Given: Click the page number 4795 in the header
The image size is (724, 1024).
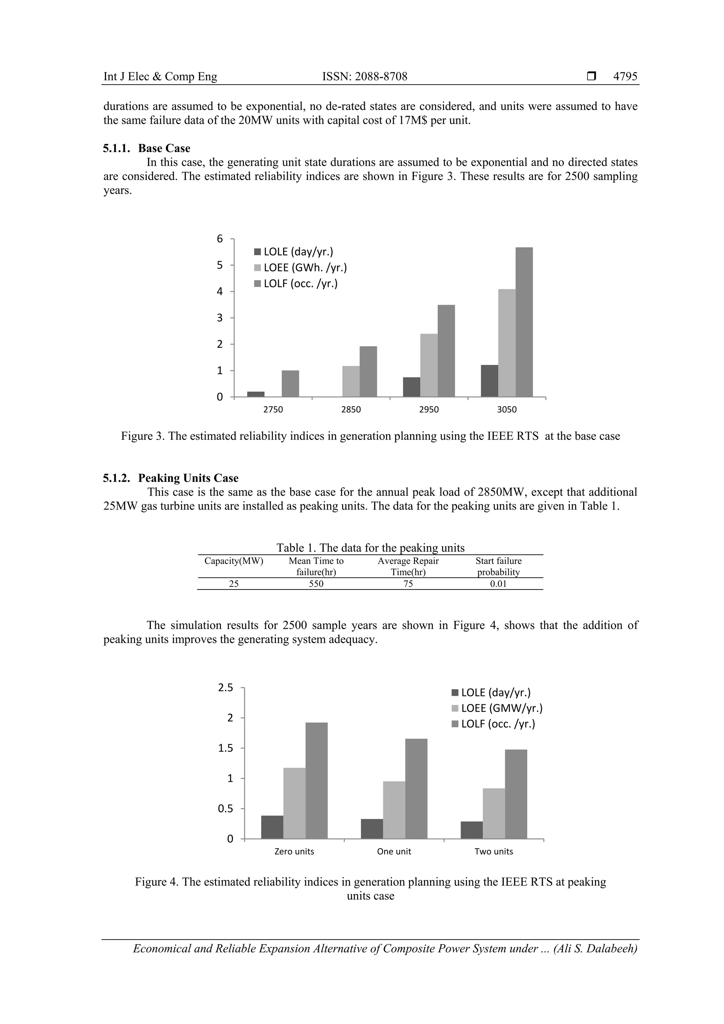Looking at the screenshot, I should tap(625, 76).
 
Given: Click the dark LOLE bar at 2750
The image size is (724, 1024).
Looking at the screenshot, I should tap(256, 394).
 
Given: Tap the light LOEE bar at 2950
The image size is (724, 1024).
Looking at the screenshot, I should tap(429, 365).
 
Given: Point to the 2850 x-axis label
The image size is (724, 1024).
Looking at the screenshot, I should tap(351, 409).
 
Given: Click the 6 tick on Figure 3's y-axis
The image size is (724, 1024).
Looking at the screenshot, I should tap(220, 239).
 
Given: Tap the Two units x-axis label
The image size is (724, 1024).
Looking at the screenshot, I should tap(494, 851).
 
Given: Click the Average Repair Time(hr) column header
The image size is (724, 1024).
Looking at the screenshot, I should tap(408, 566).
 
